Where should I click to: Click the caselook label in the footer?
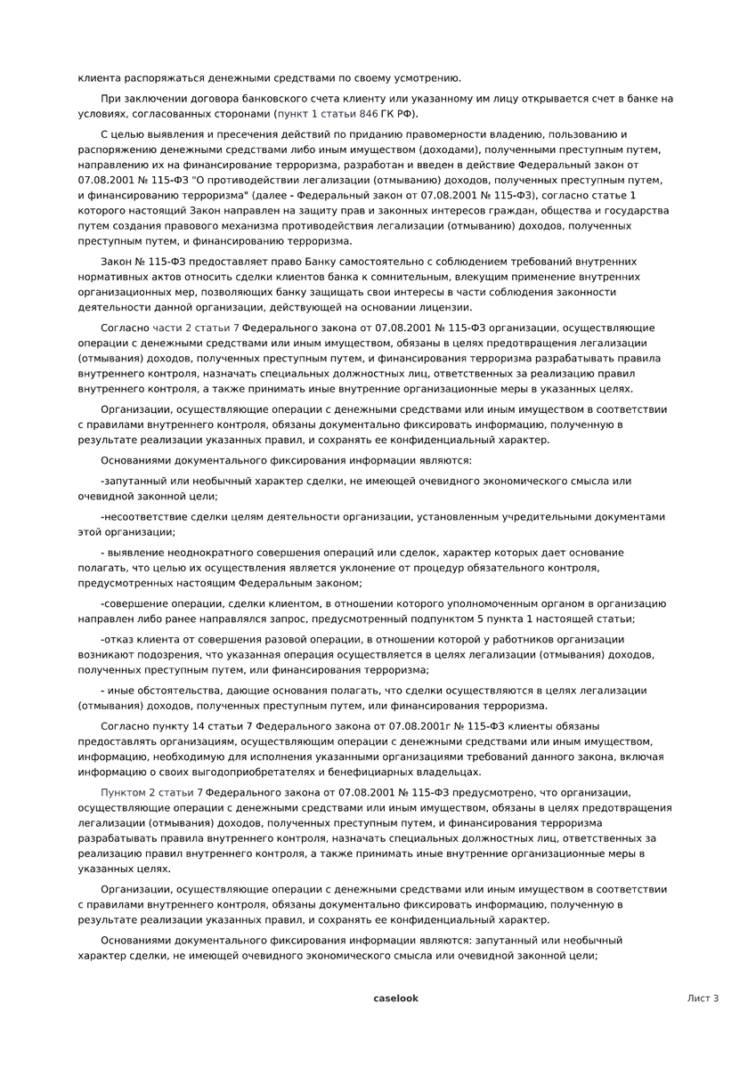click(x=395, y=999)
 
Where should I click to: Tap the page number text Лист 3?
click(x=703, y=999)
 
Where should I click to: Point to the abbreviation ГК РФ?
click(x=397, y=114)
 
